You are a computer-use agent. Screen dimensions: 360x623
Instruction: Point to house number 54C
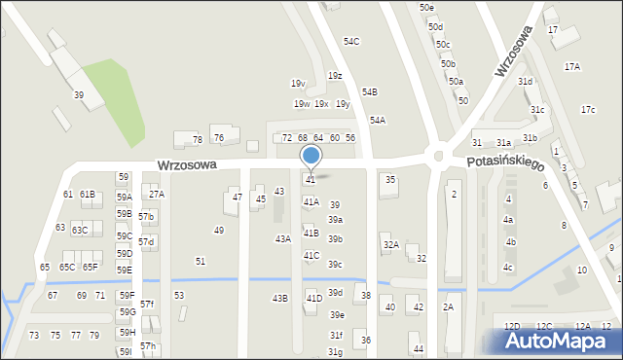(351, 42)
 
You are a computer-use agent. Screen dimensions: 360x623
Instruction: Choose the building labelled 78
(198, 140)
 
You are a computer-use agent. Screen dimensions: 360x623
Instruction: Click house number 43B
(279, 298)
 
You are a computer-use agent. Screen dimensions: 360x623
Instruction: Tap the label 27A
(157, 194)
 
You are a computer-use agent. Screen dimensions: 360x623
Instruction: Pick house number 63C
(80, 230)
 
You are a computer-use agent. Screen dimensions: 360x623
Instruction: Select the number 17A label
(572, 67)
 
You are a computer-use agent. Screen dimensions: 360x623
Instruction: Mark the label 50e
(427, 8)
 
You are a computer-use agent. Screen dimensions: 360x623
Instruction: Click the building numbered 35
(390, 180)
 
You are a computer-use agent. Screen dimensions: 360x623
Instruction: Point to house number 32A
(390, 245)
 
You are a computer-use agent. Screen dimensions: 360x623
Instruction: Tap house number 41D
(313, 298)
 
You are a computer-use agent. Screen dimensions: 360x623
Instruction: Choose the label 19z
(335, 75)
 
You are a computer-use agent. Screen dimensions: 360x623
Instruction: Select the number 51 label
(201, 261)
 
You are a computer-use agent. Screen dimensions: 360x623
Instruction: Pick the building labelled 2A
(448, 307)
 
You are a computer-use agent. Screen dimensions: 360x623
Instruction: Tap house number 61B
(88, 195)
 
